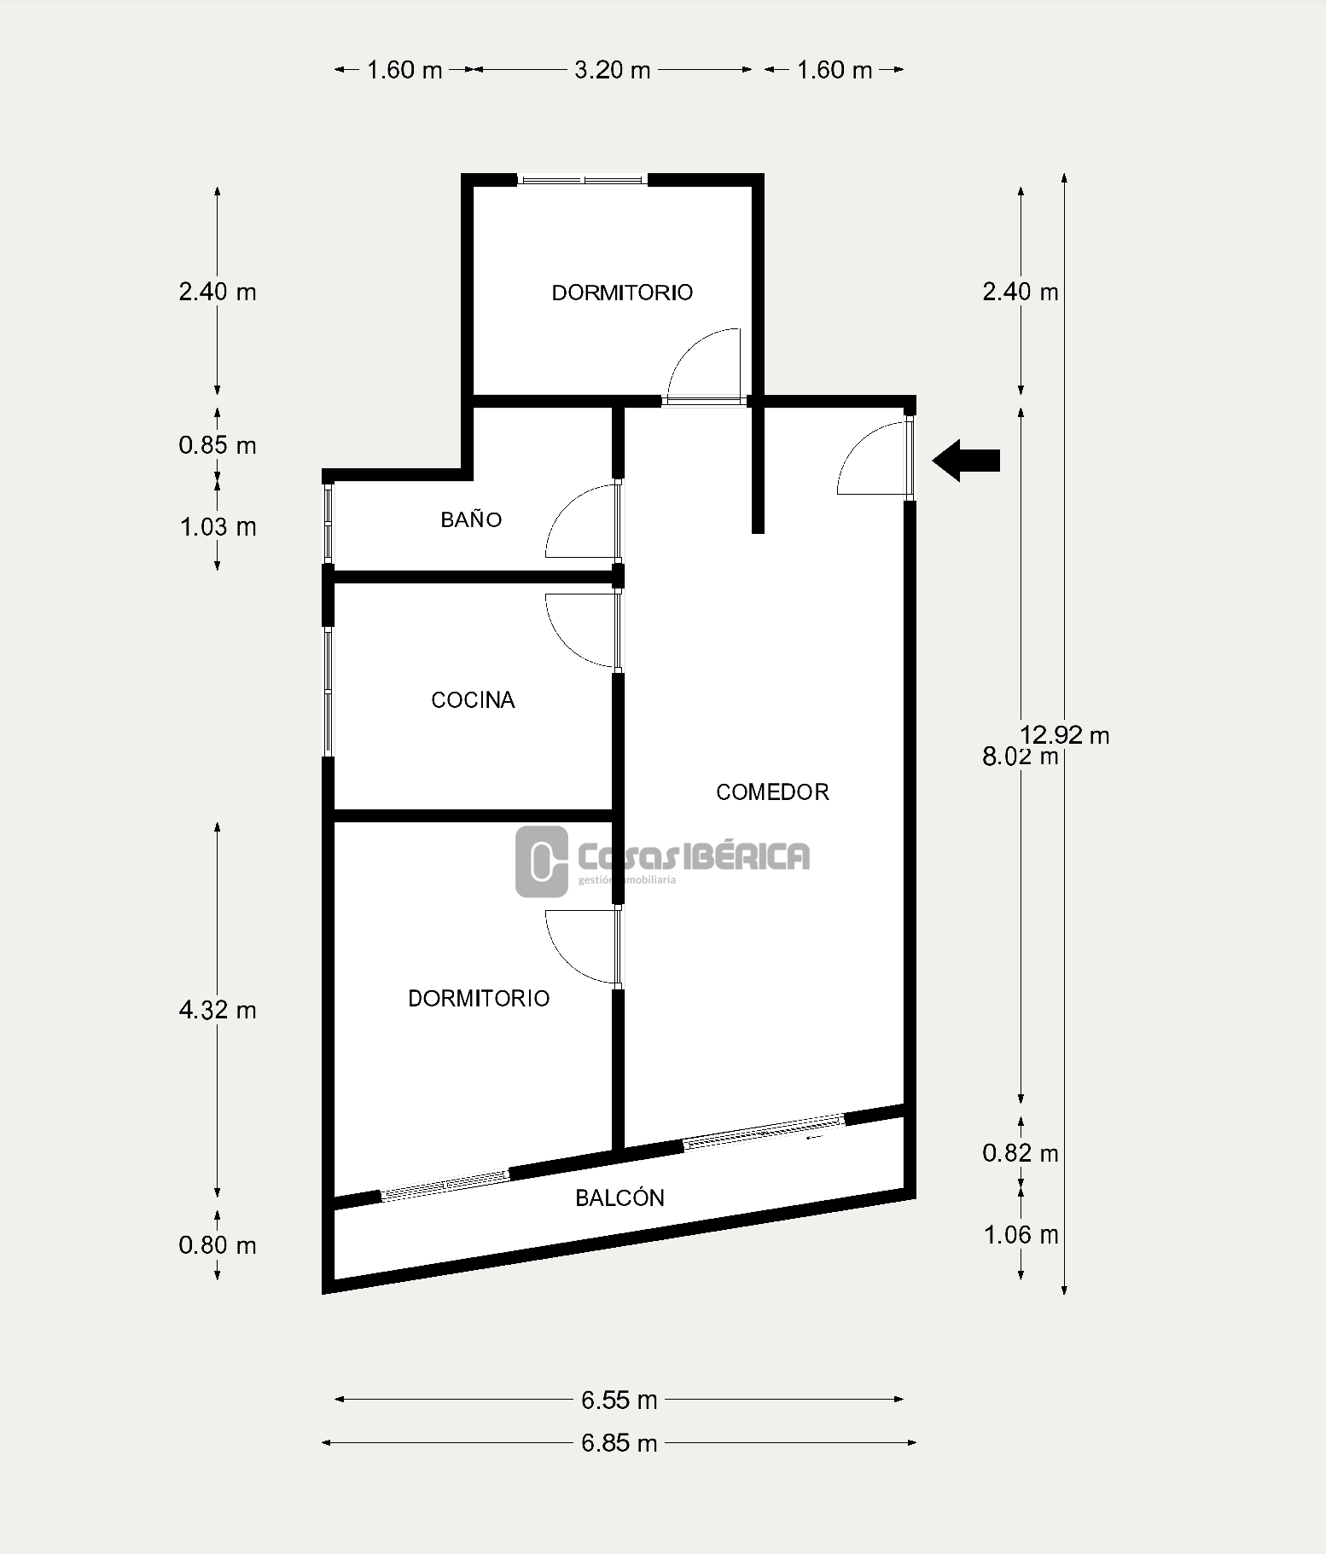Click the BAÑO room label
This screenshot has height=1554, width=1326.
471,519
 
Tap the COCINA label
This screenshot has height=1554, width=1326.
473,700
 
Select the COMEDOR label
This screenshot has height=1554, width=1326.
772,792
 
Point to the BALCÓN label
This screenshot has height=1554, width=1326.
619,1198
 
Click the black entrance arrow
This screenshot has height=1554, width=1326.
966,461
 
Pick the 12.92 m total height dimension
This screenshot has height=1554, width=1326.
1065,734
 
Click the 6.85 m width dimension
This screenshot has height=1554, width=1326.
619,1443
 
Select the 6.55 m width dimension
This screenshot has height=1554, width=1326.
619,1400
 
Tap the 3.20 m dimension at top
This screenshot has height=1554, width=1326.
613,70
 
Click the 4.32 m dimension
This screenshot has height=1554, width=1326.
218,1011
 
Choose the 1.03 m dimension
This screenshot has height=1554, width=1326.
218,527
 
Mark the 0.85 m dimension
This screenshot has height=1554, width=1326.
218,445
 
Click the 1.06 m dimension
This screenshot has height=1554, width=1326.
1021,1235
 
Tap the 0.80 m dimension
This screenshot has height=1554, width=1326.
218,1246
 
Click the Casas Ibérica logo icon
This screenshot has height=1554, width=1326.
542,861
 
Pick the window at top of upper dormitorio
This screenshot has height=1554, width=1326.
583,180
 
